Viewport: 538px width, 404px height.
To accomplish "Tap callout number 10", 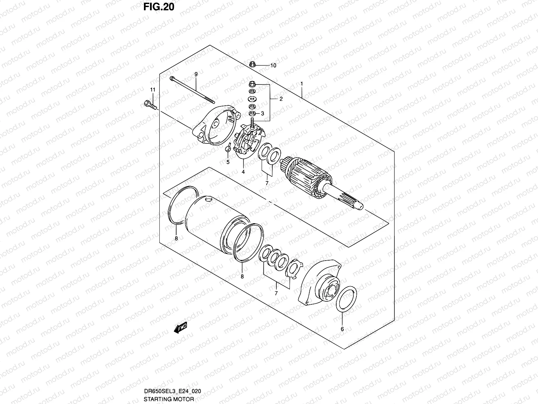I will (273, 66).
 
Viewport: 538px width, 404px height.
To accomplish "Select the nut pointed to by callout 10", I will (254, 64).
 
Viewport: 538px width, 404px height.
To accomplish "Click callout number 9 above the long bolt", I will (196, 74).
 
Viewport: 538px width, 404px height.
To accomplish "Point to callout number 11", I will (153, 89).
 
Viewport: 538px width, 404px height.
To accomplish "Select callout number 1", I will (302, 83).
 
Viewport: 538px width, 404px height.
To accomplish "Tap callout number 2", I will (281, 99).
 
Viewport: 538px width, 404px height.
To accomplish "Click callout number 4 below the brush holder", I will (243, 172).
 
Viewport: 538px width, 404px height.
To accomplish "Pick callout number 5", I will (228, 162).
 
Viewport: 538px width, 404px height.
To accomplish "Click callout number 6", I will (342, 329).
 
